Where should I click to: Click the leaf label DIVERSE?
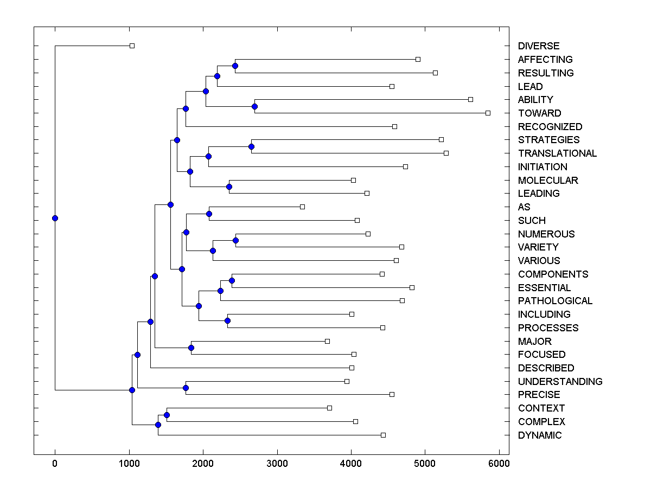pyautogui.click(x=538, y=46)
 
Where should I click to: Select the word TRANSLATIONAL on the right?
pyautogui.click(x=557, y=153)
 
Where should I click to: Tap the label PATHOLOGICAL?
pyautogui.click(x=555, y=301)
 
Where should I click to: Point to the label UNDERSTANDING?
pyautogui.click(x=560, y=382)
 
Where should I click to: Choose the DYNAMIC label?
pyautogui.click(x=540, y=435)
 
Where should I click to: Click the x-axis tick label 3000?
pyautogui.click(x=277, y=464)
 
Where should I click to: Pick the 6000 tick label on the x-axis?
pyautogui.click(x=499, y=464)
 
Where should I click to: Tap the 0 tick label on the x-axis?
pyautogui.click(x=55, y=464)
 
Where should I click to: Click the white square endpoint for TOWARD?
pyautogui.click(x=488, y=113)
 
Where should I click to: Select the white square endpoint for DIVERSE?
pyautogui.click(x=132, y=46)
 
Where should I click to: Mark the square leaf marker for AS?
pyautogui.click(x=303, y=207)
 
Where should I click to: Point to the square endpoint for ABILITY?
pyautogui.click(x=470, y=99)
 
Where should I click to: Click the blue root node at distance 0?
pyautogui.click(x=55, y=219)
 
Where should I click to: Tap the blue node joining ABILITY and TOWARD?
pyautogui.click(x=255, y=106)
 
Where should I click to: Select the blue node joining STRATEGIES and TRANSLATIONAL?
pyautogui.click(x=251, y=146)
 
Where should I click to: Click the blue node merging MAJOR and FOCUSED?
pyautogui.click(x=191, y=348)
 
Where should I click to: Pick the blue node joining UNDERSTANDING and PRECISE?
pyautogui.click(x=186, y=388)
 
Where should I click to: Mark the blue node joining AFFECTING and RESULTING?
pyautogui.click(x=235, y=66)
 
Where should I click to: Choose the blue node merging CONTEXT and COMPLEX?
pyautogui.click(x=167, y=415)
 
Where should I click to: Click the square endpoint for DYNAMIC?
pyautogui.click(x=383, y=435)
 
